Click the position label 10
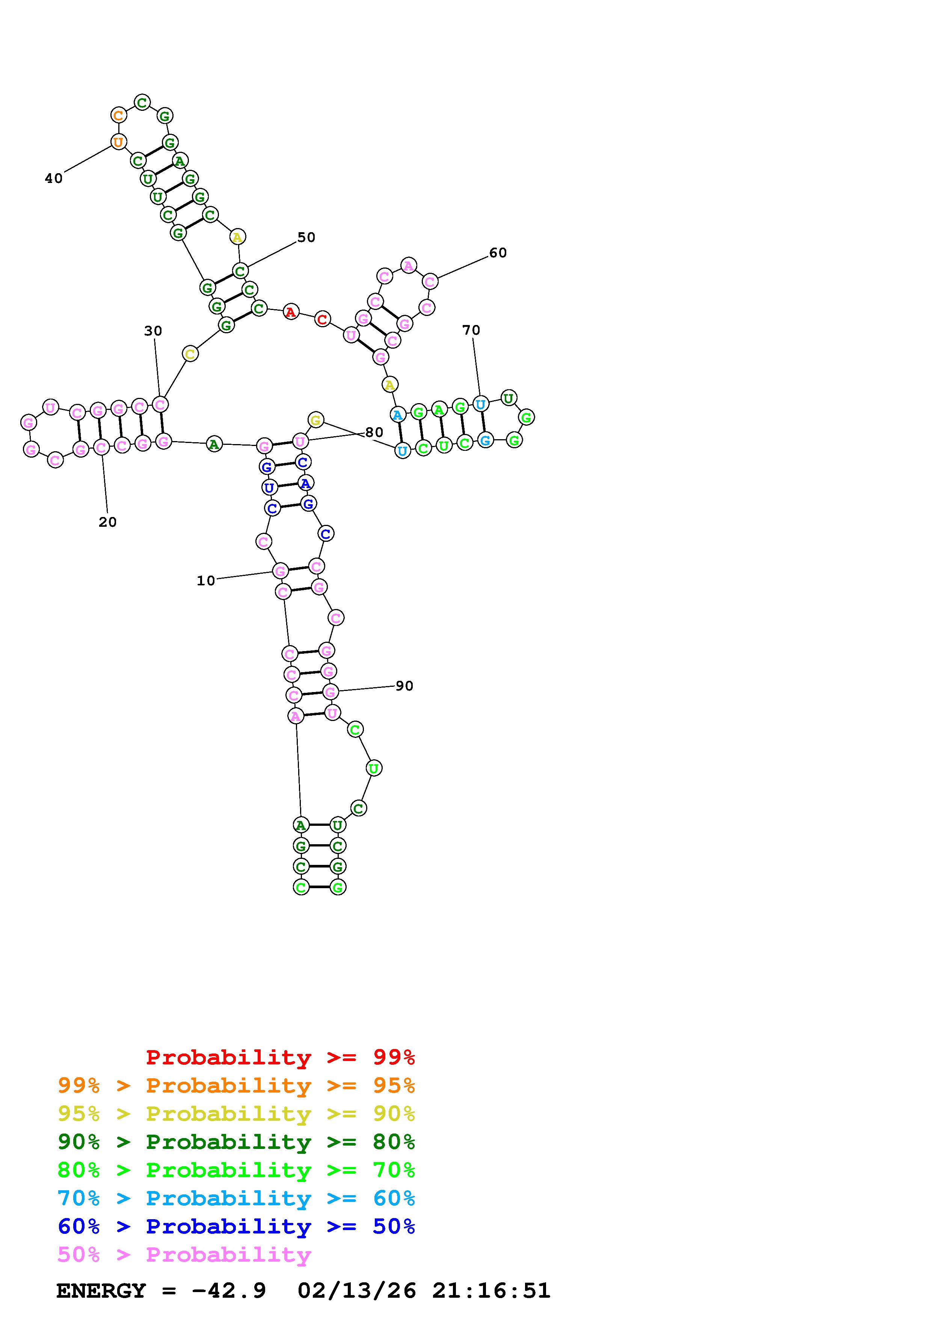click(205, 581)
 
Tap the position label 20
click(108, 522)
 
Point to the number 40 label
click(54, 178)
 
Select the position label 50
click(306, 237)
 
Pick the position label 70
click(471, 330)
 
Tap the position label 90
click(404, 686)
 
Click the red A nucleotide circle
click(291, 312)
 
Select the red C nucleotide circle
click(322, 319)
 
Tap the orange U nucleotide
click(118, 141)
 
